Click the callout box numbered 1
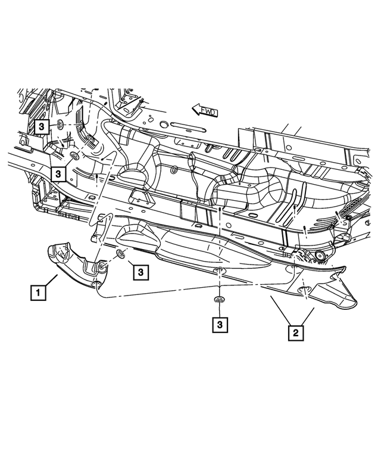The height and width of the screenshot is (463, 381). coord(38,293)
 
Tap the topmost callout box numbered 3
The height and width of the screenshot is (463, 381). coord(42,127)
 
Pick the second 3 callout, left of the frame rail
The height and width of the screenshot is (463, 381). coord(58,173)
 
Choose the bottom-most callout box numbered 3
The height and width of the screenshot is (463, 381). coord(220,325)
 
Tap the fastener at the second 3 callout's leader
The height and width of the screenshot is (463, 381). coord(74,156)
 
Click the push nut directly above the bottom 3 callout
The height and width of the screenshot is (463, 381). coord(220,300)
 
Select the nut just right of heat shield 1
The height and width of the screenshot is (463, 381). coord(121,255)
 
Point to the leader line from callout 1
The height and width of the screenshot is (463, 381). coord(51,279)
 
